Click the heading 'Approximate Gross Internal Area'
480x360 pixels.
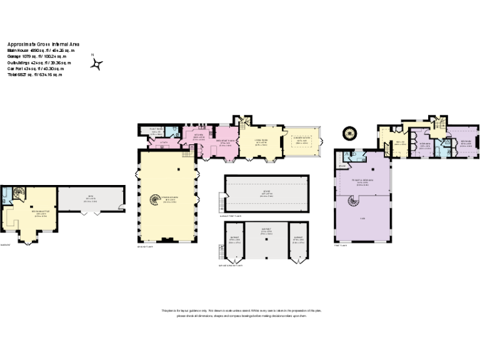pyautogui.click(x=43, y=44)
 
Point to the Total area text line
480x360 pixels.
pyautogui.click(x=35, y=74)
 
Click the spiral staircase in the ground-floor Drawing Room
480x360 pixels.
pyautogui.click(x=154, y=200)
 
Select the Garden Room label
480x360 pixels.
pyautogui.click(x=302, y=141)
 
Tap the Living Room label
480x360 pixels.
pyautogui.click(x=261, y=143)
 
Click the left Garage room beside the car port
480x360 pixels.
pyautogui.click(x=235, y=240)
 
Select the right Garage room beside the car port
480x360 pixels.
pyautogui.click(x=299, y=240)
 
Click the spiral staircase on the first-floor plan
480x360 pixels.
pyautogui.click(x=354, y=202)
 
